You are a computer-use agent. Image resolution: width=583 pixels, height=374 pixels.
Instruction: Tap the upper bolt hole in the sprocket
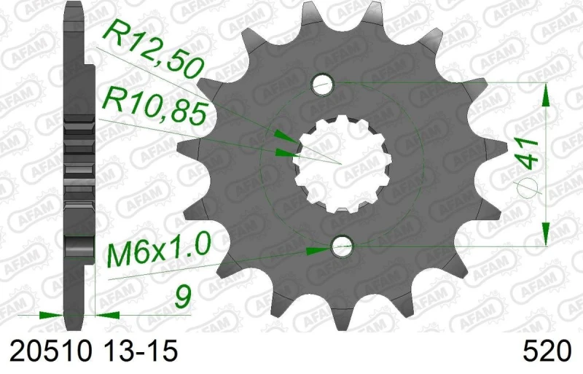322,85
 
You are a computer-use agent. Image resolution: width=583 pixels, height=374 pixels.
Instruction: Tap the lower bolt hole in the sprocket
340,246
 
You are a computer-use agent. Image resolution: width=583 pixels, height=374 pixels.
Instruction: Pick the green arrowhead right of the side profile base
107,316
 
